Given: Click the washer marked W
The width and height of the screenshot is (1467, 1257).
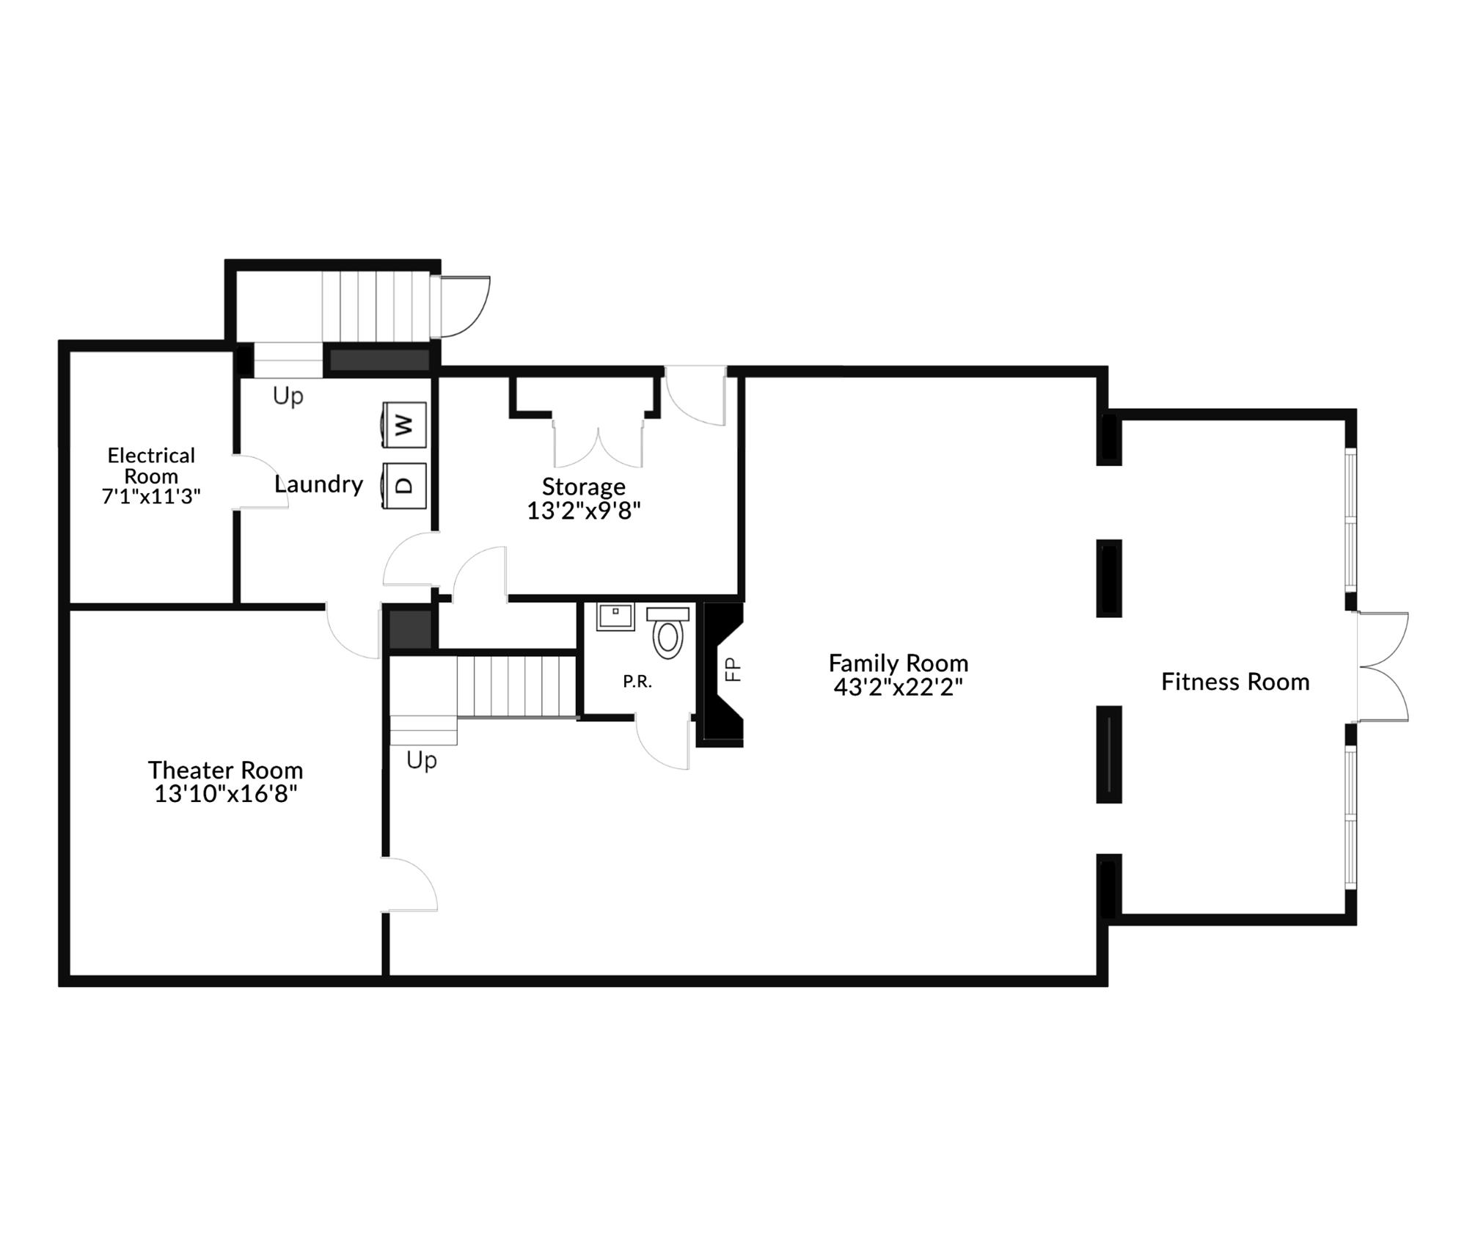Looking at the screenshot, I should (x=404, y=424).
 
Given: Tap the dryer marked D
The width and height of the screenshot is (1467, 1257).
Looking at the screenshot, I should (x=404, y=484).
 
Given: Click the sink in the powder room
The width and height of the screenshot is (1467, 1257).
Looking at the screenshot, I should (x=615, y=616).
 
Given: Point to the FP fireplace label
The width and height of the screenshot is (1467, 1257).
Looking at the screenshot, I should (x=733, y=669).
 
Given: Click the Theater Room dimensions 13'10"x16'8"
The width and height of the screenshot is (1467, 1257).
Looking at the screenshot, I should (x=225, y=794).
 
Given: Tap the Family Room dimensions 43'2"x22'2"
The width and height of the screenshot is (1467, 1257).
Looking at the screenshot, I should (x=898, y=687).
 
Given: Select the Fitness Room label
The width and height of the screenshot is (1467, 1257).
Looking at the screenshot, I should (x=1235, y=682).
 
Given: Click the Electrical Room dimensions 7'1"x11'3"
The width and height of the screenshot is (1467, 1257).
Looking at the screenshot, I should (x=151, y=497).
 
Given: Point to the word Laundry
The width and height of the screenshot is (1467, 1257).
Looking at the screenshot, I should (x=318, y=484).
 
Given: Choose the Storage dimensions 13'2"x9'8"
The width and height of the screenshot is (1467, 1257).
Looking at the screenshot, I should (x=584, y=510).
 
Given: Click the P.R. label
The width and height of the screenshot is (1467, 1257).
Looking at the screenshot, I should (x=637, y=682).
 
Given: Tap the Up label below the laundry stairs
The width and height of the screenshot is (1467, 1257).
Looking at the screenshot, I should (x=288, y=396).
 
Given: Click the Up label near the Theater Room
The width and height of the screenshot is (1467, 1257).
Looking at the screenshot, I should (x=422, y=760).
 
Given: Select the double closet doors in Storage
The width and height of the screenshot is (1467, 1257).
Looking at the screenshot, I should (x=599, y=444).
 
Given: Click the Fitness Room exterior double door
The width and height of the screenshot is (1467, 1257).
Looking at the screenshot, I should (x=1383, y=667).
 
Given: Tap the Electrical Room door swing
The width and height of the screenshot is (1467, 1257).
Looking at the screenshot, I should (x=260, y=481).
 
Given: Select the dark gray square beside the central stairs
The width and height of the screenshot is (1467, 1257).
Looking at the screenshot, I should (x=410, y=629).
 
